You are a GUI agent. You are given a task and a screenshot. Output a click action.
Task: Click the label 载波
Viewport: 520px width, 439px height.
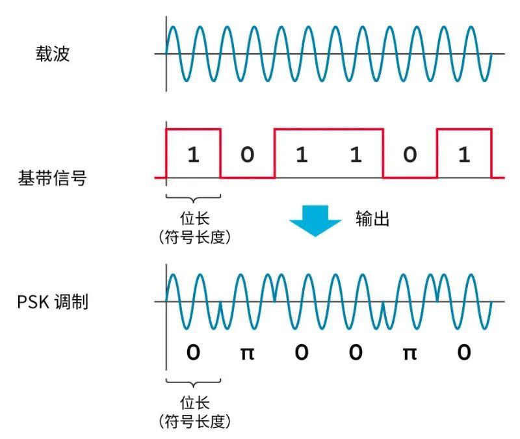pyautogui.click(x=53, y=54)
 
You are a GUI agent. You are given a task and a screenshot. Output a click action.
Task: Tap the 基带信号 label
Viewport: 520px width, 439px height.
pyautogui.click(x=52, y=178)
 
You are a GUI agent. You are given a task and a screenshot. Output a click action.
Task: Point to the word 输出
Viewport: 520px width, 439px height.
pyautogui.click(x=372, y=219)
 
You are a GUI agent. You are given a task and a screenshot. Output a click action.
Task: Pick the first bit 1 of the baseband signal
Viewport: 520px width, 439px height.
pyautogui.click(x=193, y=155)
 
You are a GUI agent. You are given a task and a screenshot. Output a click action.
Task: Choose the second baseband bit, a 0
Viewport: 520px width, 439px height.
pyautogui.click(x=247, y=155)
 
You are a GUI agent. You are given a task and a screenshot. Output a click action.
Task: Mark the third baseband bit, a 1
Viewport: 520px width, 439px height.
pyautogui.click(x=301, y=155)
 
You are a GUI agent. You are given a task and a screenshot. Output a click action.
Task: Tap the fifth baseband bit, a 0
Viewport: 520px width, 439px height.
pyautogui.click(x=409, y=155)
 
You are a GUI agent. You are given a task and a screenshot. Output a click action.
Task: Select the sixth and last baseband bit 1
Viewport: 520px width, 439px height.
pyautogui.click(x=463, y=155)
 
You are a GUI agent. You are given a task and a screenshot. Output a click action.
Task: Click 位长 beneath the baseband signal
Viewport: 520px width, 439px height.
pyautogui.click(x=194, y=219)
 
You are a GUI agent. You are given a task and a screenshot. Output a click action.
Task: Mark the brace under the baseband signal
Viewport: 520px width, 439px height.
pyautogui.click(x=194, y=200)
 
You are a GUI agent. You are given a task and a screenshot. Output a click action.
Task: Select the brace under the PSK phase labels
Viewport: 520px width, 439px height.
pyautogui.click(x=194, y=384)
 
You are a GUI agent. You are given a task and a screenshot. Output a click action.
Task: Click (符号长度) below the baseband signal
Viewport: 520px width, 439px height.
pyautogui.click(x=194, y=237)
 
